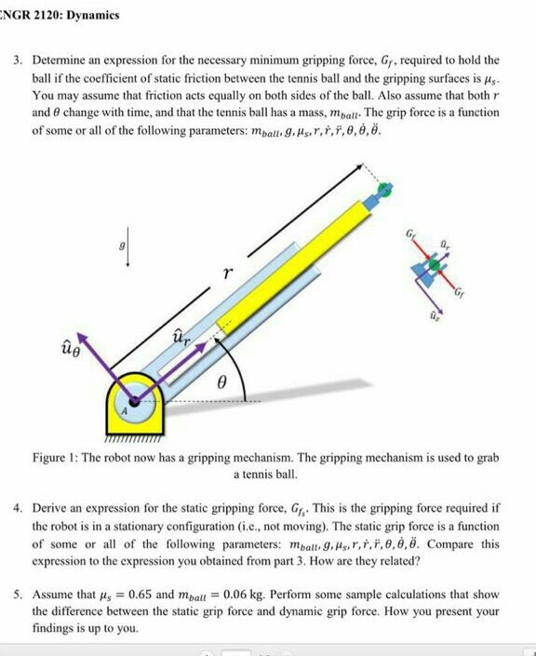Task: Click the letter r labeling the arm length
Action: (223, 274)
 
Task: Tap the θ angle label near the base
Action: (221, 382)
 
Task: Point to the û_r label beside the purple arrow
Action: (184, 339)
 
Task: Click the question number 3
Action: (17, 60)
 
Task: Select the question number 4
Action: (17, 510)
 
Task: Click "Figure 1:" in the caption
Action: (58, 459)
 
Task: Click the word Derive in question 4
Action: (51, 510)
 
